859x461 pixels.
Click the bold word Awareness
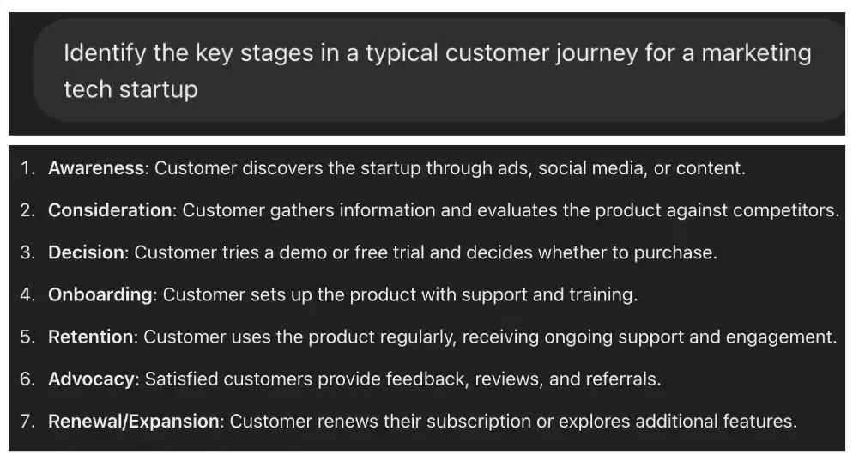[96, 168]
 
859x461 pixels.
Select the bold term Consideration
[110, 210]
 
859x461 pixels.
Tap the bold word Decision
[87, 252]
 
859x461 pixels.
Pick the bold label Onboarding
[100, 294]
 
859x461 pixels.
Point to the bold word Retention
[91, 337]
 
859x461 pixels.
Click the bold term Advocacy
[92, 379]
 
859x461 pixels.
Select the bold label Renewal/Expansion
[134, 421]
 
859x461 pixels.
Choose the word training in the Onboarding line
[602, 294]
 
